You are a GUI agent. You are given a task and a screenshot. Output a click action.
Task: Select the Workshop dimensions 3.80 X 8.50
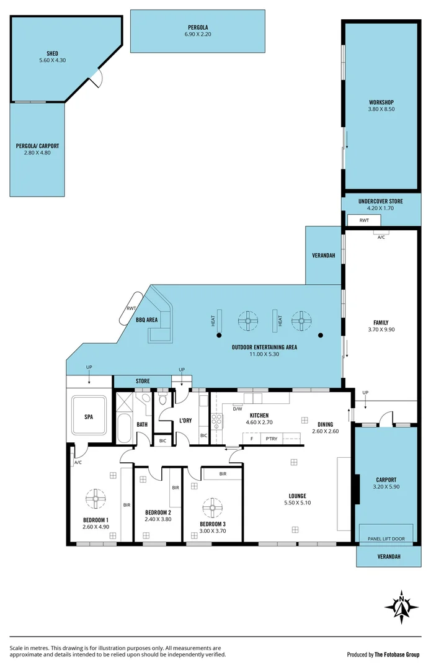coord(381,109)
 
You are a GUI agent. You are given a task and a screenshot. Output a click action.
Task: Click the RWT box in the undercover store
coord(364,220)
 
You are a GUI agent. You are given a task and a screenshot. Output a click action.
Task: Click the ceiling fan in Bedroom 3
coord(212,507)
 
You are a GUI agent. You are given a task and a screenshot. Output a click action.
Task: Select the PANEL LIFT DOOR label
coord(386,538)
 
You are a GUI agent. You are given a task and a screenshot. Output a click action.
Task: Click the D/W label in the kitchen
coord(237,409)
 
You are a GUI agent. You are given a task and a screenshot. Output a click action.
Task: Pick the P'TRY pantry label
coord(271,439)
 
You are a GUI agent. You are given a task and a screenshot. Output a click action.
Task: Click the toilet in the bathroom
coord(145,399)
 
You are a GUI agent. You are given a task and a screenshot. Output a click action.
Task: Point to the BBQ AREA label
coord(147,320)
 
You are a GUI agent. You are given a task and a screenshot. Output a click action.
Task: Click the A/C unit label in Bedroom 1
coord(78,462)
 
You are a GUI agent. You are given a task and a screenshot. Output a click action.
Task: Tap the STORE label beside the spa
coord(143,382)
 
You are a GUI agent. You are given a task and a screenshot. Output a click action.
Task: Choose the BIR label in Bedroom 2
coord(176,488)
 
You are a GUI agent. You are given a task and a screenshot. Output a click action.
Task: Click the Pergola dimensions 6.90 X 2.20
coord(198,35)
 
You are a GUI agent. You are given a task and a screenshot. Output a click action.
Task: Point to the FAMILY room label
coord(380,323)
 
